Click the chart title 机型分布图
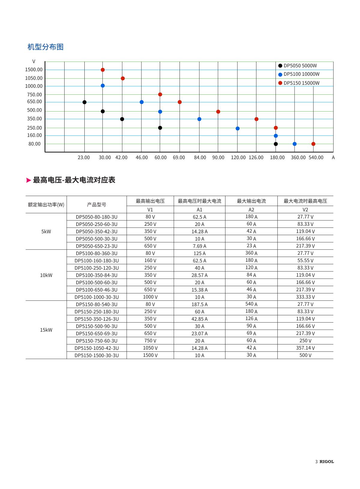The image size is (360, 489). [x=45, y=47]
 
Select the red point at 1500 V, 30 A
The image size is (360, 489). [x=103, y=70]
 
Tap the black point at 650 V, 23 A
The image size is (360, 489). [x=84, y=102]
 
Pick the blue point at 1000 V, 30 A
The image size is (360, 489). [x=103, y=86]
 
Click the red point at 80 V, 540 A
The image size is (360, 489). [x=313, y=144]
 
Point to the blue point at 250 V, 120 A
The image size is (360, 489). [x=237, y=128]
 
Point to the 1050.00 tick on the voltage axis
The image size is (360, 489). [x=34, y=78]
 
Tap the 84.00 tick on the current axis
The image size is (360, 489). [x=200, y=157]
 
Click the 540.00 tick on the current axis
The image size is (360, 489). [x=316, y=157]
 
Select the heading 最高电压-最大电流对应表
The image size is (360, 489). [x=74, y=180]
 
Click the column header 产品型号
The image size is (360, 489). [x=96, y=205]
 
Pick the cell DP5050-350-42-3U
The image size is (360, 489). [x=96, y=231]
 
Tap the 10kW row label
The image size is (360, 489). [x=46, y=275]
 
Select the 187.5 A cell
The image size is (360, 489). [x=199, y=304]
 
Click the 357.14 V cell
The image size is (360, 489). [x=305, y=348]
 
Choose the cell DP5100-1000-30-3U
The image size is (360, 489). [x=96, y=297]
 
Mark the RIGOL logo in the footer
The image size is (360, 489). [x=326, y=462]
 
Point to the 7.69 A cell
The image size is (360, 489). [x=199, y=246]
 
